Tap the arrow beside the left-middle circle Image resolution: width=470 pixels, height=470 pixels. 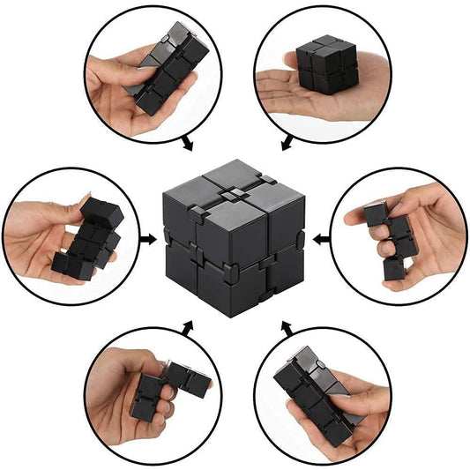pyautogui.click(x=151, y=236)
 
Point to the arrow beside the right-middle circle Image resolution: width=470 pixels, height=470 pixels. pyautogui.click(x=320, y=237)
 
